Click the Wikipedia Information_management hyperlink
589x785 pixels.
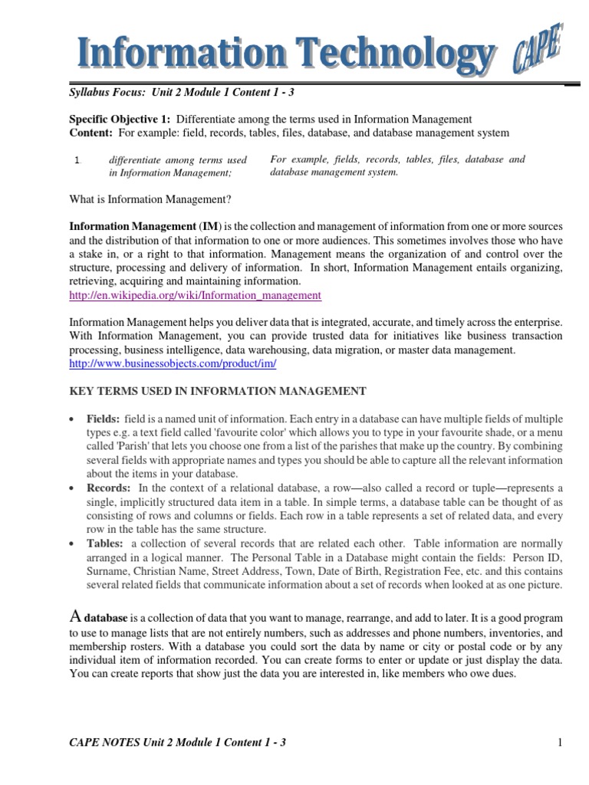point(195,295)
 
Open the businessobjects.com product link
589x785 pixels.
point(173,363)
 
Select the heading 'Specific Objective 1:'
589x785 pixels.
point(120,119)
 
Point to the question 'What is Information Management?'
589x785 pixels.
point(150,200)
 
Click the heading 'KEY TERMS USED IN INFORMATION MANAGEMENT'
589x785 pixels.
point(218,391)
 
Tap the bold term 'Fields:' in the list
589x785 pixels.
point(103,419)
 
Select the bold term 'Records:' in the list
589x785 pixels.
point(108,488)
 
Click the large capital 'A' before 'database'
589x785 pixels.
point(75,616)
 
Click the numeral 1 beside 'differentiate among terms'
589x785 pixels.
point(76,160)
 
